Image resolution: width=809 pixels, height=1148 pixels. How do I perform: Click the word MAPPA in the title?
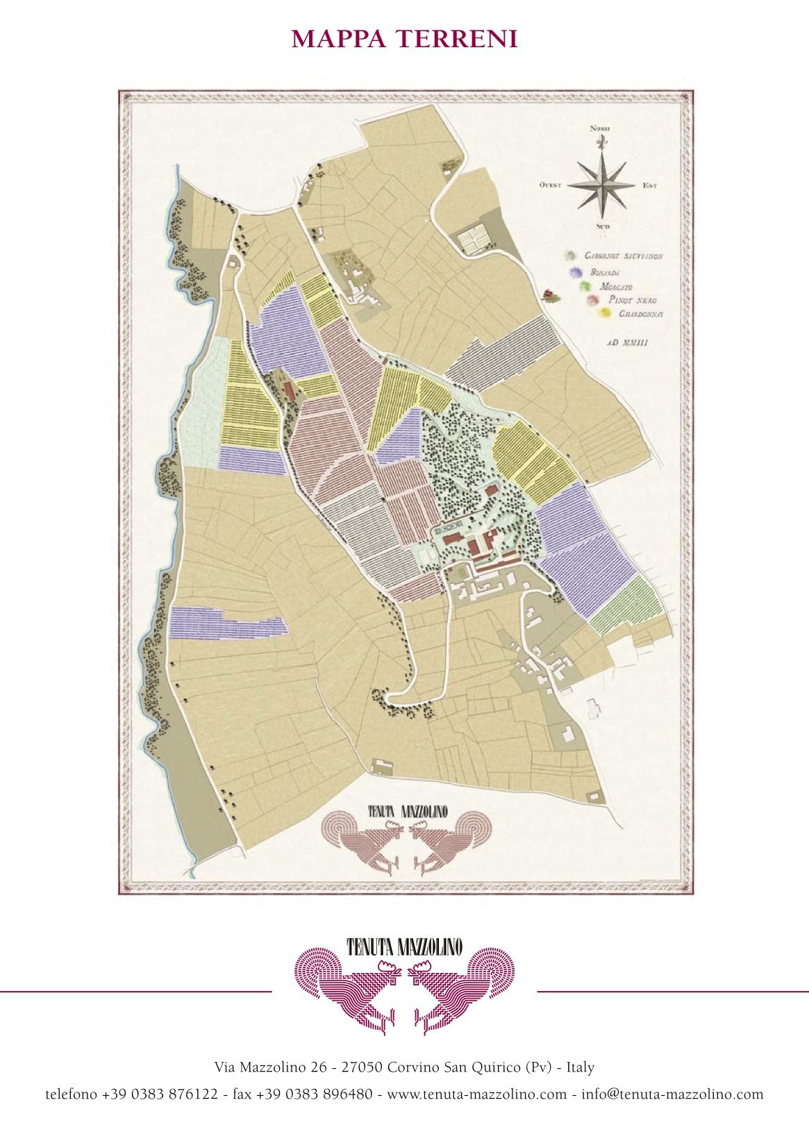(x=340, y=40)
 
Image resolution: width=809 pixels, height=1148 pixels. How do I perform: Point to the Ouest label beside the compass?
(x=550, y=185)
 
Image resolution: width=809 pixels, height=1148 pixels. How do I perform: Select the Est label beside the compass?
(x=649, y=185)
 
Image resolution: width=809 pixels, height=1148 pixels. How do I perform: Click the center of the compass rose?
(x=601, y=185)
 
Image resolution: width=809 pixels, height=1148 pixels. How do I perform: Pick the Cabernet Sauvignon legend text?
(x=624, y=256)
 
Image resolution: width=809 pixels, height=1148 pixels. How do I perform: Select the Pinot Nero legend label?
(x=632, y=300)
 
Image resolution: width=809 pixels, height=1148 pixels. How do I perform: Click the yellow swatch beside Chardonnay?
(x=606, y=314)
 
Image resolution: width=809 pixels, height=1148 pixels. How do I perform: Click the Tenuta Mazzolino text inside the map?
(x=407, y=811)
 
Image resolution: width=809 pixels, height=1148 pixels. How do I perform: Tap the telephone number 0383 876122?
(x=160, y=1095)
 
